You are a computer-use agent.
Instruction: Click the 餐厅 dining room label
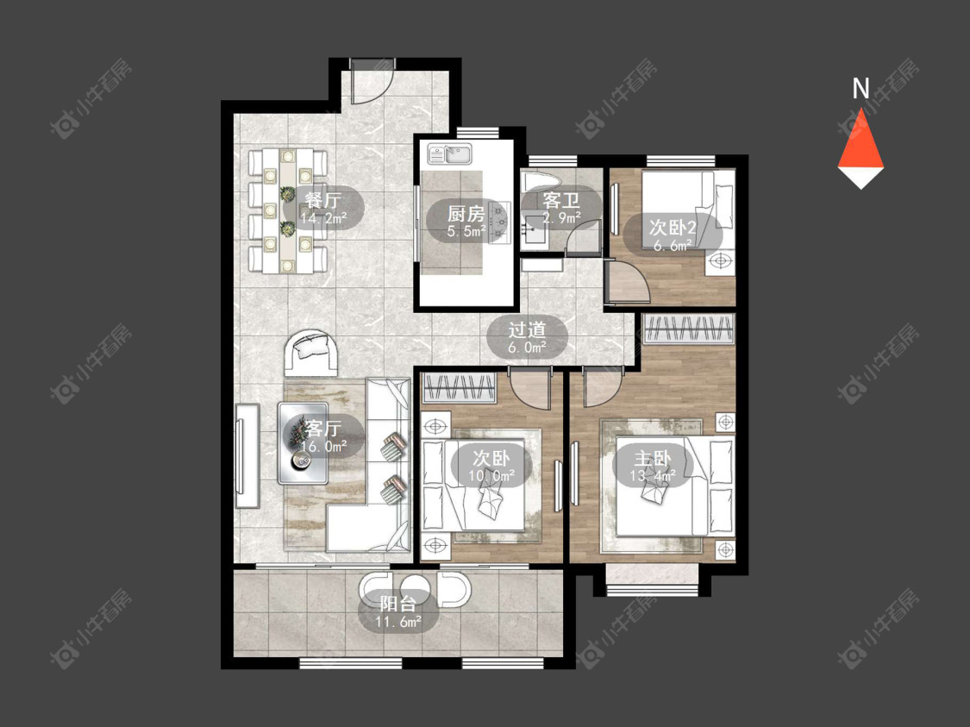coord(323,200)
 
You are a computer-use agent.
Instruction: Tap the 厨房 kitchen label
coord(466,214)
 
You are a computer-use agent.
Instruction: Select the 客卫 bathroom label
coord(560,200)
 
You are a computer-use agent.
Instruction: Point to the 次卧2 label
coord(673,227)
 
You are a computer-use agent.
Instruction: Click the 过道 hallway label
coord(527,329)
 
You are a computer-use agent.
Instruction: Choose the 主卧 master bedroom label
coord(653,459)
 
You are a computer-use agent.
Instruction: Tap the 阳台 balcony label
coord(397,604)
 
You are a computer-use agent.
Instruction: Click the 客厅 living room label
coord(323,428)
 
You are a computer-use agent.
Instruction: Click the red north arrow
coord(861,147)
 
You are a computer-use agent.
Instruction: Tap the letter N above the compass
coord(860,89)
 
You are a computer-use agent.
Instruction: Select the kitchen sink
coord(450,154)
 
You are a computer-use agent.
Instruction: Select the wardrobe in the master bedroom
coord(689,329)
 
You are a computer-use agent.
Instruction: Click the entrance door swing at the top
coord(369,82)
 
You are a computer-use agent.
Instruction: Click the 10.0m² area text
coord(491,476)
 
